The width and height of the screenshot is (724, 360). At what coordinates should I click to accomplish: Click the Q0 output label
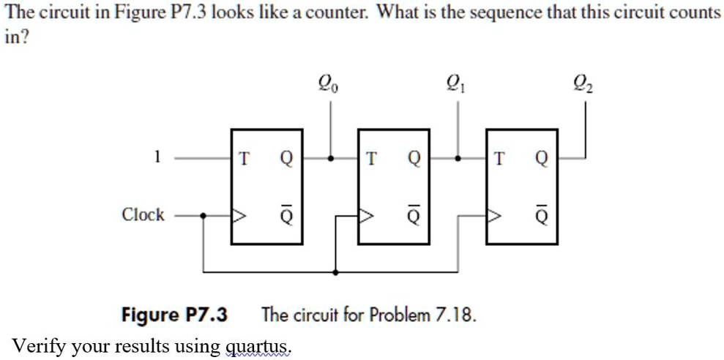click(331, 87)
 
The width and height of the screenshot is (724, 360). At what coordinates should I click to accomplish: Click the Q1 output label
click(458, 87)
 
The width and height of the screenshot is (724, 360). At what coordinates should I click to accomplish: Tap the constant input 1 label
click(156, 156)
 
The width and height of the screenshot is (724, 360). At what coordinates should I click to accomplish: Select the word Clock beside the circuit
click(143, 215)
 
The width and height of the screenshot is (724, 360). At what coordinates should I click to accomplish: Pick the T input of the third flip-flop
click(499, 157)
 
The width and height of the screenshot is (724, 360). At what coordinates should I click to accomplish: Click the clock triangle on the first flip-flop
click(239, 216)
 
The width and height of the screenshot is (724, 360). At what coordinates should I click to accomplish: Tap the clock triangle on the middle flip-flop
click(366, 216)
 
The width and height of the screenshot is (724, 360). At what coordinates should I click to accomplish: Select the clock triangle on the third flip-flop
click(493, 216)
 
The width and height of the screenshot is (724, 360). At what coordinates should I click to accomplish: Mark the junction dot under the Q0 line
click(331, 157)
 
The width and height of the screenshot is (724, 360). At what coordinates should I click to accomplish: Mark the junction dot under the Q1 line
click(458, 157)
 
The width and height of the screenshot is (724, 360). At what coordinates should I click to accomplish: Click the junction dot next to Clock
click(204, 216)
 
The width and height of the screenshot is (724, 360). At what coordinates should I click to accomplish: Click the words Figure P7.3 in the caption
click(174, 315)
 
